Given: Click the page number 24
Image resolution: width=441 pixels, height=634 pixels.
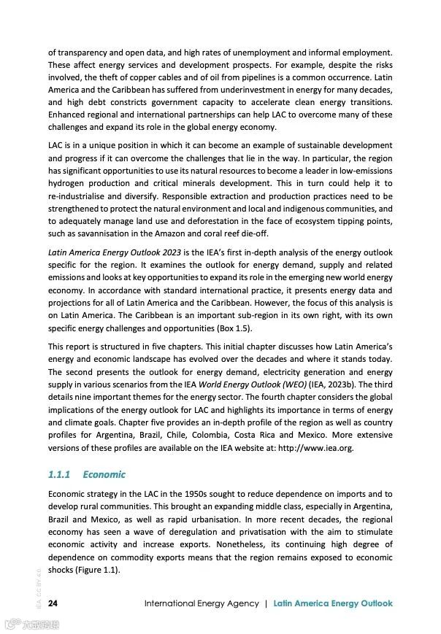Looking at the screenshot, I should pyautogui.click(x=53, y=603).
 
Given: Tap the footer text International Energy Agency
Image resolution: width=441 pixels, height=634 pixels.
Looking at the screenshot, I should pyautogui.click(x=202, y=603).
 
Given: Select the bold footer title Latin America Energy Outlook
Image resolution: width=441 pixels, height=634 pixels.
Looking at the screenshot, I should pyautogui.click(x=333, y=603).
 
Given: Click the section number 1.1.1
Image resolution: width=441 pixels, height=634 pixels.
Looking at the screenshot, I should pyautogui.click(x=58, y=474).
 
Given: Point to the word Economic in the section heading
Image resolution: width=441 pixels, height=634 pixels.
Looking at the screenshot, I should pyautogui.click(x=104, y=474).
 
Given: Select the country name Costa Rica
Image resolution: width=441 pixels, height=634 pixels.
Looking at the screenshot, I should pyautogui.click(x=275, y=434).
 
